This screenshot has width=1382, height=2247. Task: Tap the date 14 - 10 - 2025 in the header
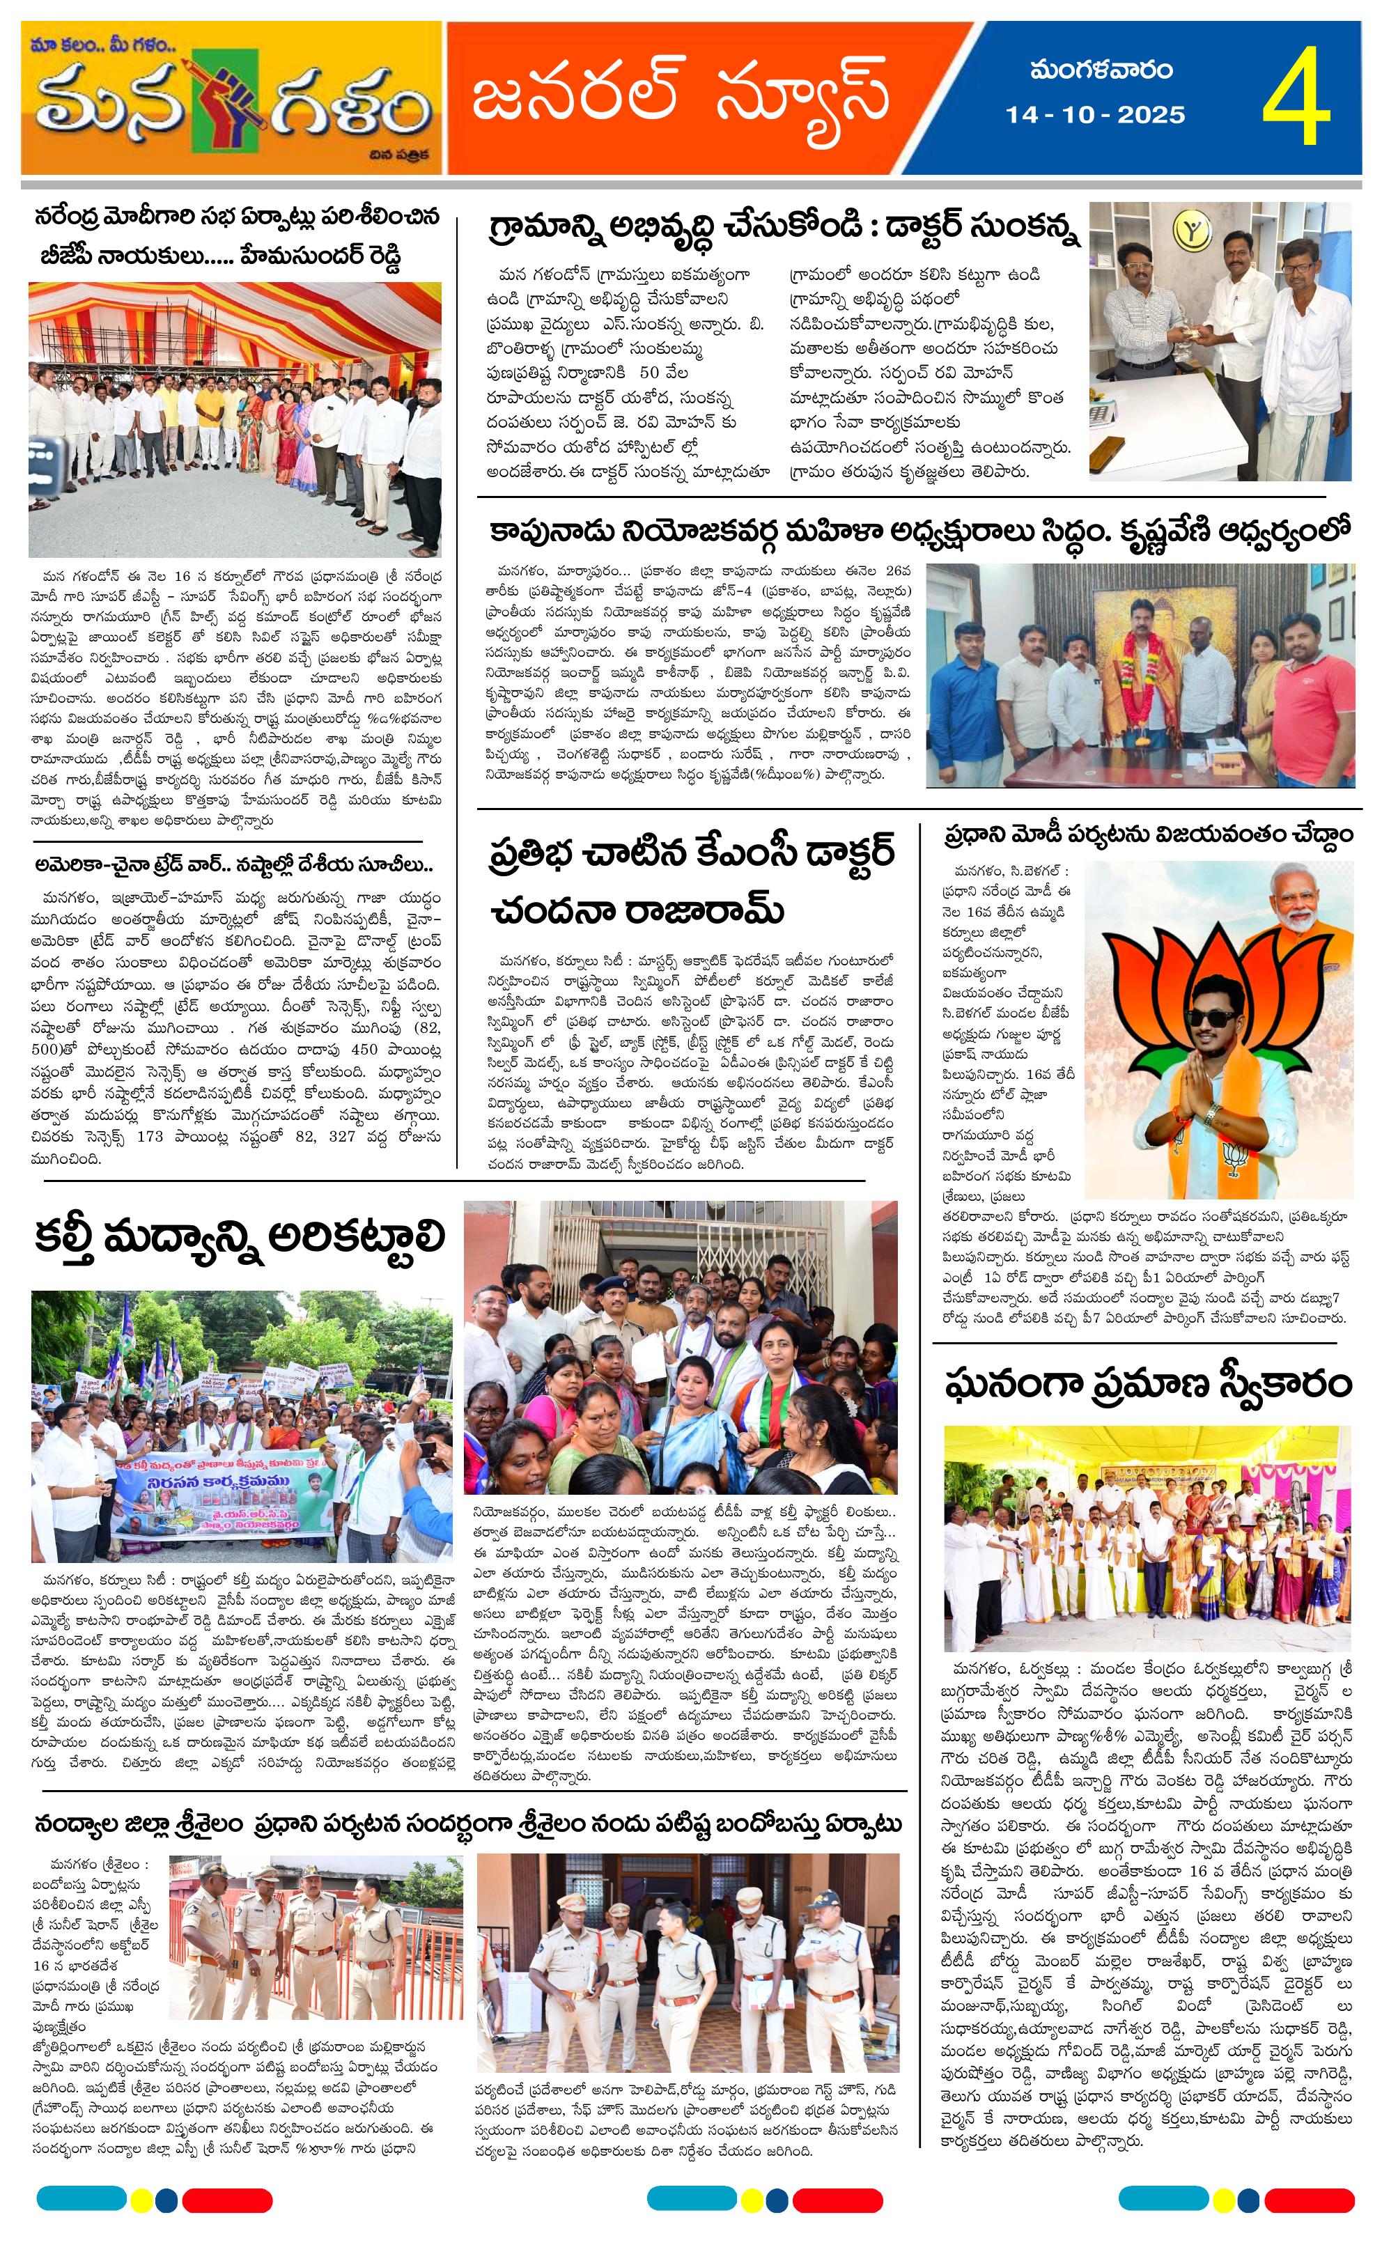click(x=1095, y=115)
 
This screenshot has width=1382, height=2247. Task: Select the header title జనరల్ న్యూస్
click(x=681, y=95)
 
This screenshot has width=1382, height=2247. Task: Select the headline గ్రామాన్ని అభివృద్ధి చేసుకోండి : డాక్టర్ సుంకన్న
click(x=784, y=226)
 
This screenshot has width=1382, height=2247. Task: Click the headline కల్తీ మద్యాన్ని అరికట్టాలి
click(x=240, y=1236)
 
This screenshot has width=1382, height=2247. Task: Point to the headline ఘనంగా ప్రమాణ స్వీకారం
click(x=1147, y=1383)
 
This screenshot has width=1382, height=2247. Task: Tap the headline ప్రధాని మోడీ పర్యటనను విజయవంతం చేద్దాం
click(x=1148, y=835)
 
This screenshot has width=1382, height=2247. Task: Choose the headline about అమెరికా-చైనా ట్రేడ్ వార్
click(x=234, y=864)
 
